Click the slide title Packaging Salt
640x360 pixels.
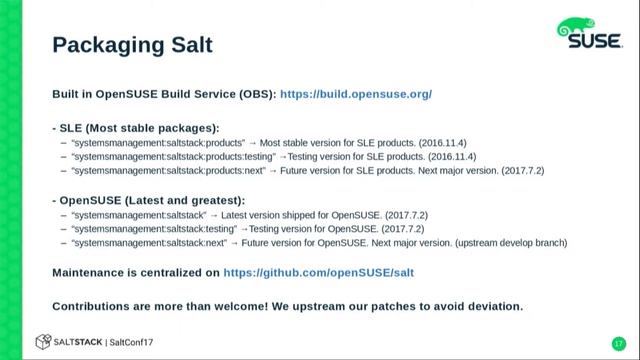pos(132,45)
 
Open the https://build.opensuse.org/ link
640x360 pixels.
pos(356,93)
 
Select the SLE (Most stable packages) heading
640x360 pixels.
pos(135,128)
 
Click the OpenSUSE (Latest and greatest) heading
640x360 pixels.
pos(148,200)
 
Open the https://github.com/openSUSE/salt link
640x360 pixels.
pos(319,272)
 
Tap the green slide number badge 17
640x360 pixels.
pos(618,343)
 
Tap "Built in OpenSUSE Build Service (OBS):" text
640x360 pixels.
pos(164,93)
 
